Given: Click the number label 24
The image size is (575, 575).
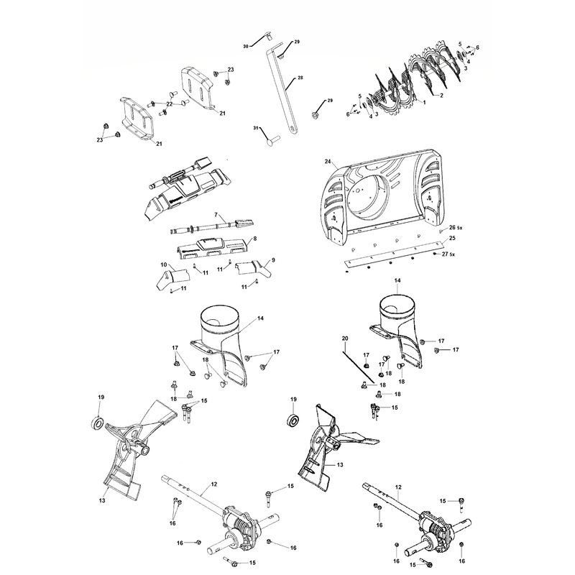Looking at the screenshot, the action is click(328, 161).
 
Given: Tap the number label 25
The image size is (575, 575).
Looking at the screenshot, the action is click(452, 238).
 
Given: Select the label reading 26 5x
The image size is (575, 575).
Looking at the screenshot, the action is click(456, 228).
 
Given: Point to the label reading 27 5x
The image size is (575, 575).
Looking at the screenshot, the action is click(448, 254).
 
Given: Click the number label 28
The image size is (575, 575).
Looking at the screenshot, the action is click(300, 78).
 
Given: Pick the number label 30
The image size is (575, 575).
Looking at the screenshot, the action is click(246, 46).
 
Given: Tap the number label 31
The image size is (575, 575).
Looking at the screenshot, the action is click(256, 128).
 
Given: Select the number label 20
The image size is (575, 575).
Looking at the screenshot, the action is click(345, 338).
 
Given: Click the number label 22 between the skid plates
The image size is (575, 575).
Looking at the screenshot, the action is click(169, 104).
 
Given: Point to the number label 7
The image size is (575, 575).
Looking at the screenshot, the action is click(216, 214).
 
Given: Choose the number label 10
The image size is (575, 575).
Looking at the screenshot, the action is click(164, 264).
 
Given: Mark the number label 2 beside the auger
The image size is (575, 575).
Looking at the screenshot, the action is click(441, 96).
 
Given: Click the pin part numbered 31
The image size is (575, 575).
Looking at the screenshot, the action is click(272, 140).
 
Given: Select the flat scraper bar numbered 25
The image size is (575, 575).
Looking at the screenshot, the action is click(394, 253).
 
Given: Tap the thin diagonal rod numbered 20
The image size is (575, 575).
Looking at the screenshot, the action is click(359, 367).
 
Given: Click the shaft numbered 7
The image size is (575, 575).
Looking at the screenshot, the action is click(213, 227).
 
